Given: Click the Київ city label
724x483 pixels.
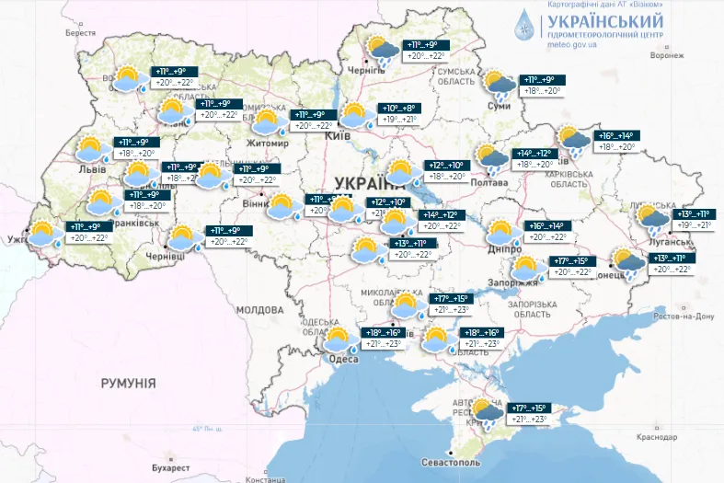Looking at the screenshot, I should tap(338, 136).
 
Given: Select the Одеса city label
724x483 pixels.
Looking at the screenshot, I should tap(343, 359).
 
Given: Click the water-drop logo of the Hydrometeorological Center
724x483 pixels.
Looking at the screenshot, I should tap(524, 26).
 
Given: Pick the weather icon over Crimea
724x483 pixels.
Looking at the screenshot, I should tap(487, 412).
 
